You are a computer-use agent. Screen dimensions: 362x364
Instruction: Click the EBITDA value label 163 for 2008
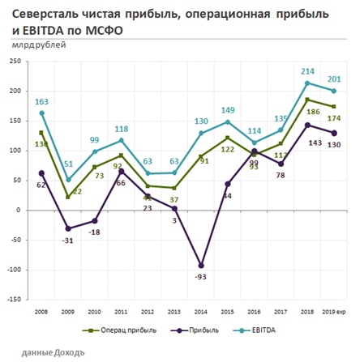point(41,102)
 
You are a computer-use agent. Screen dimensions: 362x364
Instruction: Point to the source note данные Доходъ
point(54,353)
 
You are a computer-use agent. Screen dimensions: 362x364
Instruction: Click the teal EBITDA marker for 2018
point(308,83)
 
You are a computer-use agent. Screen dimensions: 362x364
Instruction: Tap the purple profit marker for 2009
point(68,228)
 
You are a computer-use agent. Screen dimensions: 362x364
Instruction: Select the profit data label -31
point(68,241)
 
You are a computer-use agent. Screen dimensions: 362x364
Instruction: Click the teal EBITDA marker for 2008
point(42,113)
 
